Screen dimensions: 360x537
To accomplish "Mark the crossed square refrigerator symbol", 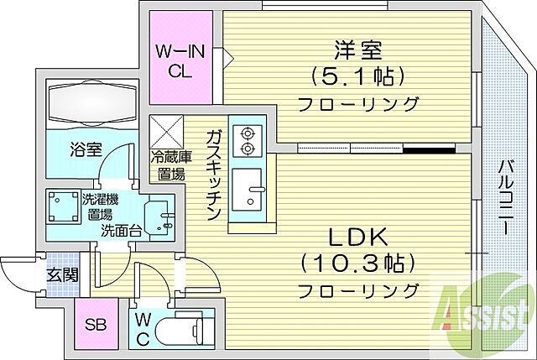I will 166,130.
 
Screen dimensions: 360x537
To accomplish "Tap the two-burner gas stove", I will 247,140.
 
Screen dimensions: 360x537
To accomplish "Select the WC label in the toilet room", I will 140,328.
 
